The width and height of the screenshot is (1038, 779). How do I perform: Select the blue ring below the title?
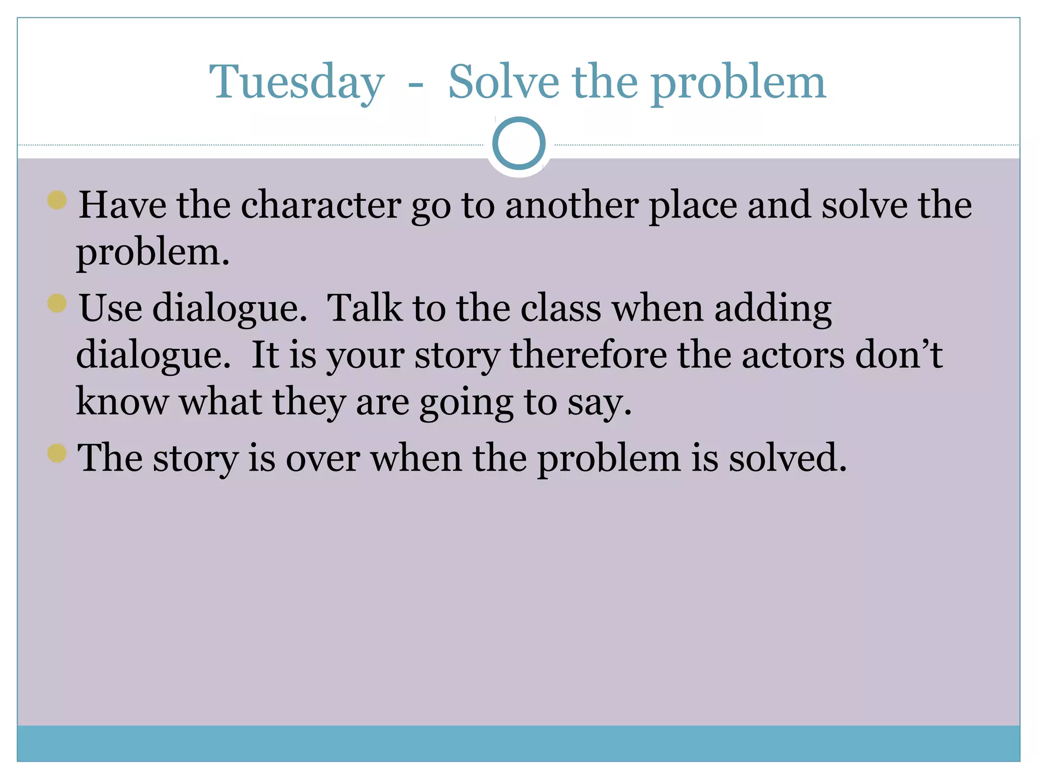pyautogui.click(x=518, y=144)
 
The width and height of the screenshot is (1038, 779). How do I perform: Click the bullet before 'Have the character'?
pyautogui.click(x=57, y=200)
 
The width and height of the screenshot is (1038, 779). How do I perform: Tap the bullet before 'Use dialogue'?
pyautogui.click(x=57, y=303)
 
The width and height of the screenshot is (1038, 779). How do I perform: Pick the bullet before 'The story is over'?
pyautogui.click(x=57, y=453)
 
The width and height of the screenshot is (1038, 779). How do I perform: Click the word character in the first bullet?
pyautogui.click(x=321, y=205)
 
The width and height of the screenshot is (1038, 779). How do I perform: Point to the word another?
pyautogui.click(x=572, y=205)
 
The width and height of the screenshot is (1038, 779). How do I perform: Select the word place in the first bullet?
pyautogui.click(x=693, y=206)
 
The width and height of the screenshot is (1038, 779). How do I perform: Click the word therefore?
pyautogui.click(x=588, y=355)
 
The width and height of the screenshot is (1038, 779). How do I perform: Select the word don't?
pyautogui.click(x=899, y=355)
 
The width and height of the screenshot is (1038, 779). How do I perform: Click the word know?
pyautogui.click(x=122, y=402)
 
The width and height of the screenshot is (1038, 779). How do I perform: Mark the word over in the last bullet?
pyautogui.click(x=323, y=458)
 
